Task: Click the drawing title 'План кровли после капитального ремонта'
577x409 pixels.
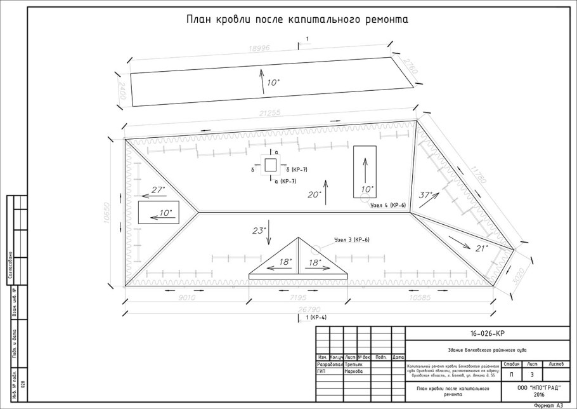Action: point(297,20)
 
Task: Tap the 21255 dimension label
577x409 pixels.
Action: point(266,113)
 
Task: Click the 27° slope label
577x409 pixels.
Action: point(158,189)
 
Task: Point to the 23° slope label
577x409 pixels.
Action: point(259,231)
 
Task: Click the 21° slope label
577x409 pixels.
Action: point(481,248)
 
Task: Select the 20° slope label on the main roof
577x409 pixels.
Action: point(314,194)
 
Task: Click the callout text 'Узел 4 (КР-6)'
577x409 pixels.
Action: point(387,205)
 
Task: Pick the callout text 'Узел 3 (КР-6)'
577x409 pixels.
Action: point(351,239)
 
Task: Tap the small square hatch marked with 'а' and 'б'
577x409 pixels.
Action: point(270,166)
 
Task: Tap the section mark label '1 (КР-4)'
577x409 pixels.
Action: point(315,317)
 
